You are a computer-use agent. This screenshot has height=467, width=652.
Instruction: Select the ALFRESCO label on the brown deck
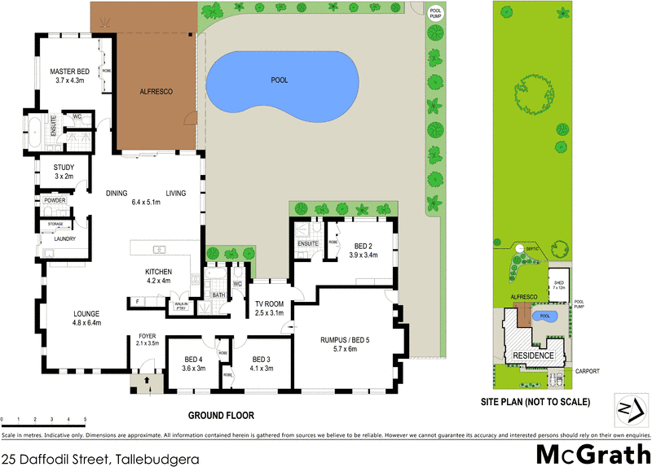click(x=156, y=92)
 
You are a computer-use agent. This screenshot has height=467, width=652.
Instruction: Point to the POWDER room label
click(x=55, y=200)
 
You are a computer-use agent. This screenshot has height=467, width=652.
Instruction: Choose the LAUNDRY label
click(x=65, y=238)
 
